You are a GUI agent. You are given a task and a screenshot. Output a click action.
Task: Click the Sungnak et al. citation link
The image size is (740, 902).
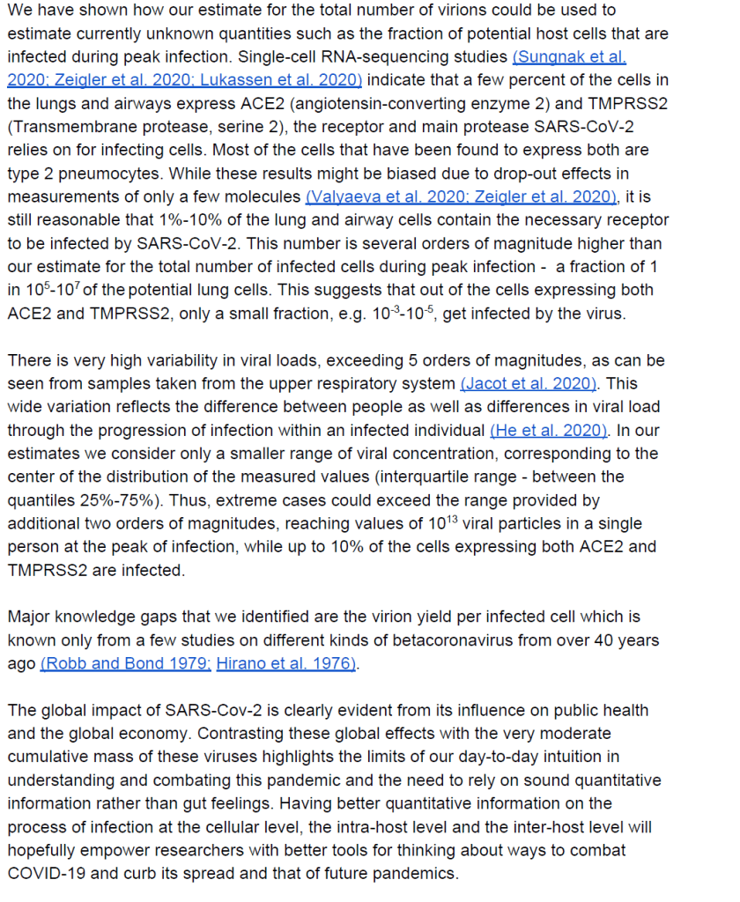[569, 57]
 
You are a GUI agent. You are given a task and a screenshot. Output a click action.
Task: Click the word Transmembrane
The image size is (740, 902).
[67, 125]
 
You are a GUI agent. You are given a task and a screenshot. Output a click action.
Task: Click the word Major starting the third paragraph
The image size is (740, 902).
[29, 617]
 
